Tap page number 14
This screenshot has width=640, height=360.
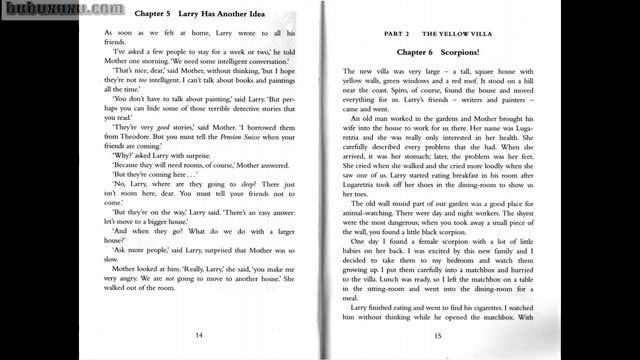pyautogui.click(x=200, y=335)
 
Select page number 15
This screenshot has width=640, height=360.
pyautogui.click(x=437, y=335)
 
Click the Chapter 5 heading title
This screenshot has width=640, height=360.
pyautogui.click(x=200, y=17)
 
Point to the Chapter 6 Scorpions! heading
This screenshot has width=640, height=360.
pyautogui.click(x=438, y=49)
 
